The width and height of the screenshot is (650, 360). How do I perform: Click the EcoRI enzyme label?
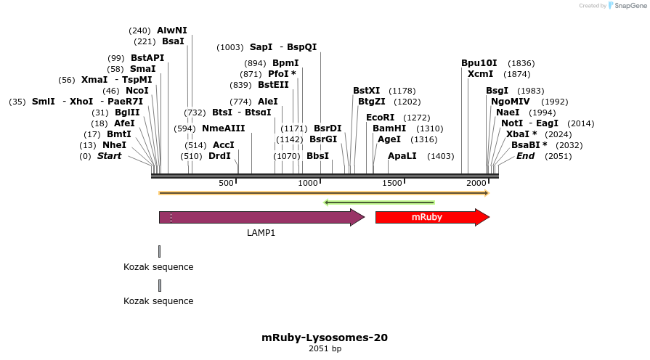380,118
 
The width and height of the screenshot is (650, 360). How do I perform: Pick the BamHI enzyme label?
389,128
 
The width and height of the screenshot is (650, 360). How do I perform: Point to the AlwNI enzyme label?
172,30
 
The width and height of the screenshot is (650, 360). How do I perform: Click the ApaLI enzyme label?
402,156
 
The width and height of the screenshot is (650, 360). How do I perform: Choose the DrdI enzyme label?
219,156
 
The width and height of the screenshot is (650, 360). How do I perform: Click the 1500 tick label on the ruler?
392,183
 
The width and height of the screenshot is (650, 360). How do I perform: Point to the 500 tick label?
227,183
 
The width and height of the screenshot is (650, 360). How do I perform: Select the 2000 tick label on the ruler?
476,183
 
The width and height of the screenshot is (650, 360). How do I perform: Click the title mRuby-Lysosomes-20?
325,337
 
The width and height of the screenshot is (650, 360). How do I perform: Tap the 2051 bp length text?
325,349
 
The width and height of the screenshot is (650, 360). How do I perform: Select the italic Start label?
110,156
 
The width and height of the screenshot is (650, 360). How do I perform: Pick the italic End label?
525,156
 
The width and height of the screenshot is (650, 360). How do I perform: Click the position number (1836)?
521,63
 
